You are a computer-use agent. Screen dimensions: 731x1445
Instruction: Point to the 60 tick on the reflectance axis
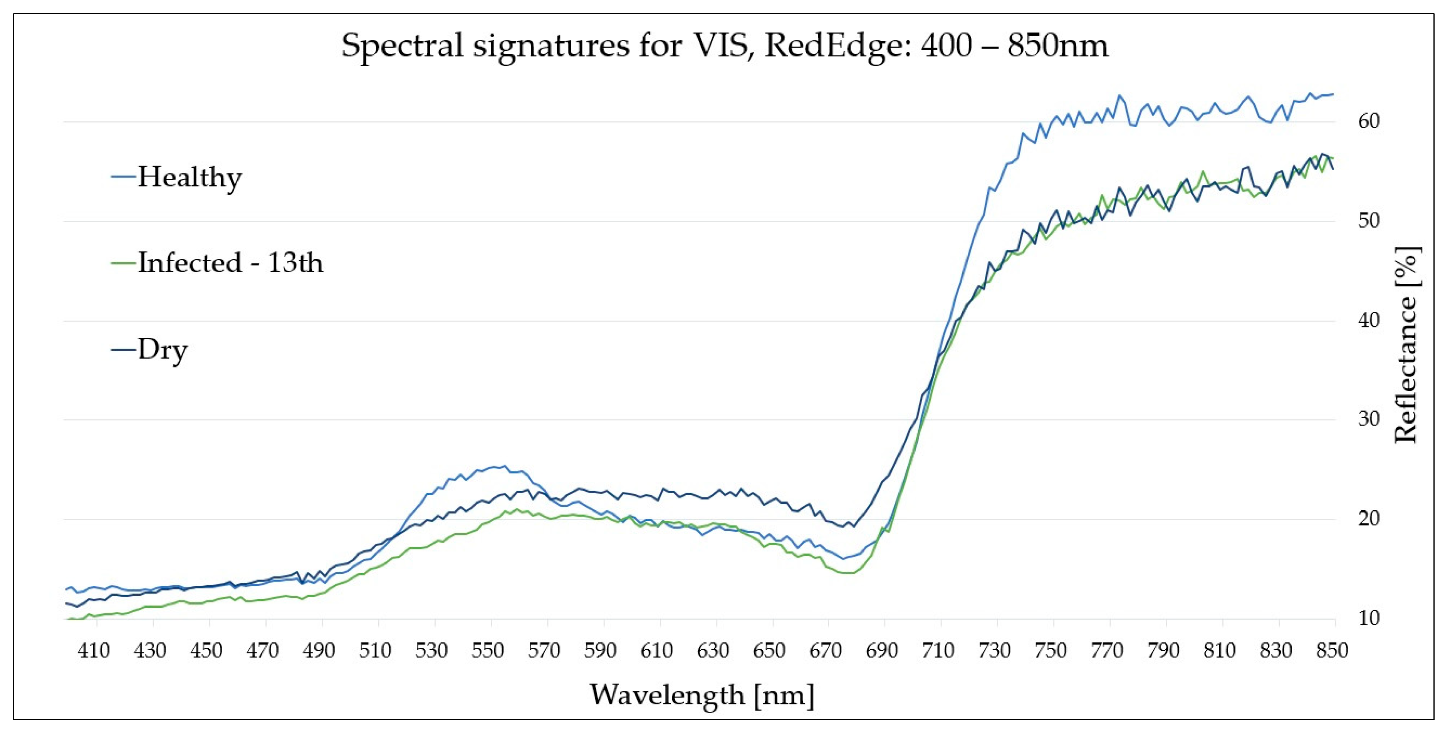coord(1368,121)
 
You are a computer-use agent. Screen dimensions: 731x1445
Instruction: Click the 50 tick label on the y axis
coord(1368,220)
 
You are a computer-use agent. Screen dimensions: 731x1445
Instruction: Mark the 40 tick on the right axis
coord(1368,320)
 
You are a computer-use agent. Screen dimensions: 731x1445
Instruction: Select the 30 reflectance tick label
coord(1368,419)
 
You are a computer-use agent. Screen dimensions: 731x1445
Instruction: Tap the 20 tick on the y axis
coord(1368,518)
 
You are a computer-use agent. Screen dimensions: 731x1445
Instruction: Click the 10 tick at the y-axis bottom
coord(1368,618)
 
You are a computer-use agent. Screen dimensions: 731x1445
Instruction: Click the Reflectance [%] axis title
coord(1406,345)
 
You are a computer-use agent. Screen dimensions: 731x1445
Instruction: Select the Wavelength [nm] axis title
coord(701,694)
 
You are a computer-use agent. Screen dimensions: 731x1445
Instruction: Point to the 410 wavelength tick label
coord(94,651)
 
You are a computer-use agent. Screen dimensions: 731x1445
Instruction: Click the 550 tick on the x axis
coord(488,651)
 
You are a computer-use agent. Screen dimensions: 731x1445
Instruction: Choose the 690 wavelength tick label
coord(882,651)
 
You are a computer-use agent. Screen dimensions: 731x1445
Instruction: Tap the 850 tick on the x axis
coord(1332,651)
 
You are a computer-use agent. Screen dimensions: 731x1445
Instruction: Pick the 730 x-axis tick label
coord(995,651)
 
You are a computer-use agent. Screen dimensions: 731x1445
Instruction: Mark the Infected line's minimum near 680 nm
coord(848,573)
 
